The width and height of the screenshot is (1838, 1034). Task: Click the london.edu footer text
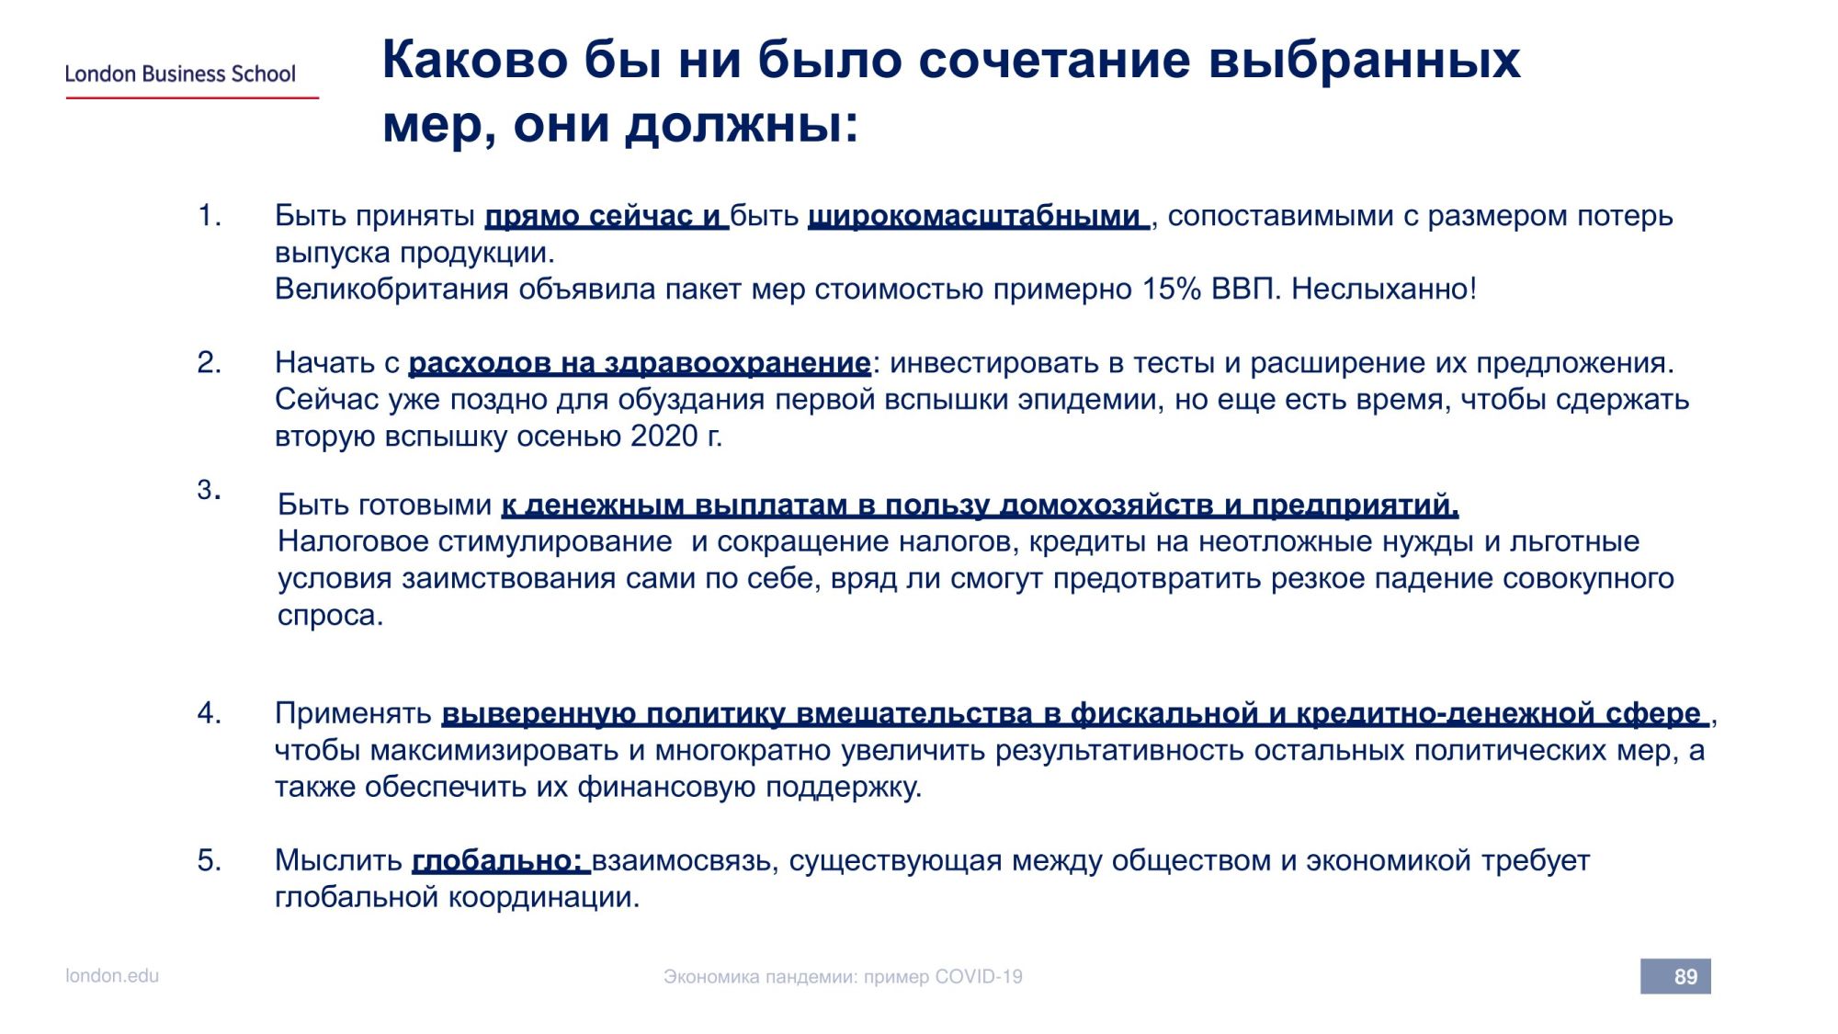(112, 975)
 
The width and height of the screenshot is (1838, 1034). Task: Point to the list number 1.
(209, 216)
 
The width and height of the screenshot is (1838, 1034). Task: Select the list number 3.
(209, 490)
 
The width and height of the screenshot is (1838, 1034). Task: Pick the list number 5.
(209, 860)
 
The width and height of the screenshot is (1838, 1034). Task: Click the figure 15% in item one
(1172, 290)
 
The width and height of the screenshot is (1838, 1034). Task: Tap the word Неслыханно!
(1384, 290)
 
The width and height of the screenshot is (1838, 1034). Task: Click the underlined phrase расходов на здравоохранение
(639, 364)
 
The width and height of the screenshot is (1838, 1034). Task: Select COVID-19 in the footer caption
(978, 977)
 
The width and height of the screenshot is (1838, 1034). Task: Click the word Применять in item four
(353, 714)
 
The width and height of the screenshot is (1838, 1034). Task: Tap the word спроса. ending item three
(330, 616)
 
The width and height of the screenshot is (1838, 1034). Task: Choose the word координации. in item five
(543, 898)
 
